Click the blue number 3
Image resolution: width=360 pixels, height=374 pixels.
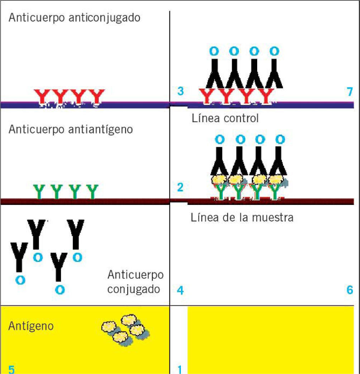pyautogui.click(x=181, y=91)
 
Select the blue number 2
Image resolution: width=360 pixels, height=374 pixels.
pyautogui.click(x=180, y=187)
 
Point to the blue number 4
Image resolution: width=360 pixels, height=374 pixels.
pyautogui.click(x=180, y=291)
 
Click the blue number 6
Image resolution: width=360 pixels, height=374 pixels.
pyautogui.click(x=350, y=291)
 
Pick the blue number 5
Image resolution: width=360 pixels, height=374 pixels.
pyautogui.click(x=11, y=369)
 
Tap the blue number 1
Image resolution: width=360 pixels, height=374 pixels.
pyautogui.click(x=180, y=369)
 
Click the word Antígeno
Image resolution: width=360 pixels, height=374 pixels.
pyautogui.click(x=31, y=327)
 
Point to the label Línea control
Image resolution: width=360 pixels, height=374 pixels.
pyautogui.click(x=225, y=118)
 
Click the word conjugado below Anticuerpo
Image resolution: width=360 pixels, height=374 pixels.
pyautogui.click(x=134, y=289)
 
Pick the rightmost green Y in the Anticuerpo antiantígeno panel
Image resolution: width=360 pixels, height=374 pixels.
pyautogui.click(x=92, y=191)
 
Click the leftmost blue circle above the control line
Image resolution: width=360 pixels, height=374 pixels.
pyautogui.click(x=214, y=51)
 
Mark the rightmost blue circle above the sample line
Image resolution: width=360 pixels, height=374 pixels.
pyautogui.click(x=280, y=139)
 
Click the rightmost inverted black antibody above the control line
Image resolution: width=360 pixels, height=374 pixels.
pyautogui.click(x=274, y=74)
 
